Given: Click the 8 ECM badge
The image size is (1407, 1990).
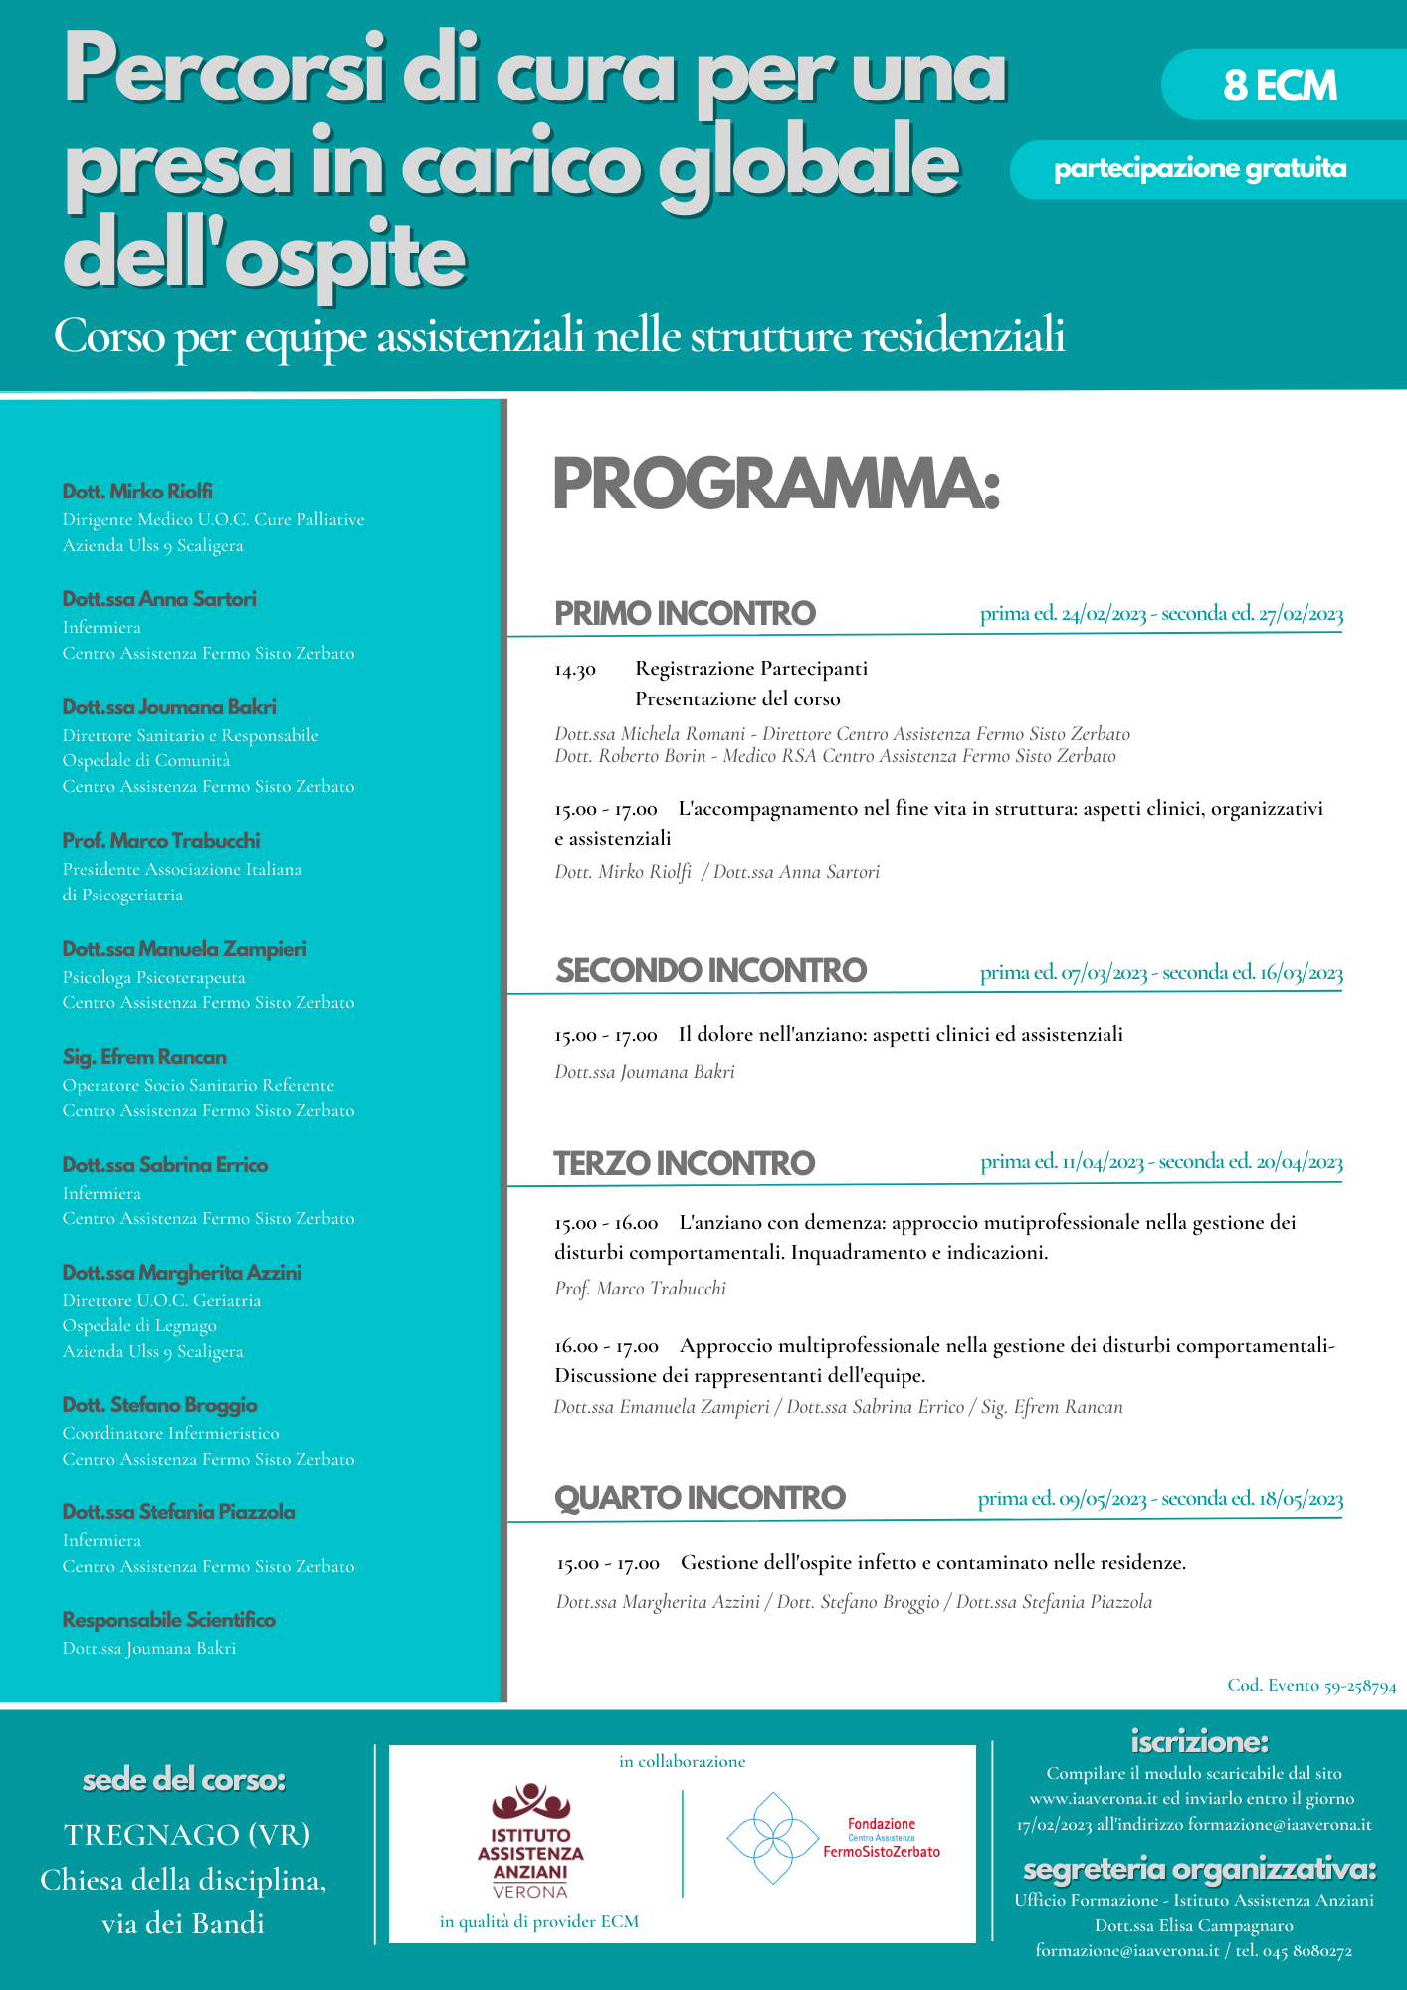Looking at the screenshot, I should point(1280,86).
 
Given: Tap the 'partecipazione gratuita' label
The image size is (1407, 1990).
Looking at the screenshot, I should point(1200,169).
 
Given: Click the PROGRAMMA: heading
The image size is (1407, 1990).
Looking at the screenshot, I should point(775,485).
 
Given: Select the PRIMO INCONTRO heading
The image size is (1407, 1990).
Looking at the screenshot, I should point(685,613).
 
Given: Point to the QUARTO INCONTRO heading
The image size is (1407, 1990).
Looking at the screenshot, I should point(700,1497).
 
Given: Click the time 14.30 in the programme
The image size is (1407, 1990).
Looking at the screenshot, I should point(575,670).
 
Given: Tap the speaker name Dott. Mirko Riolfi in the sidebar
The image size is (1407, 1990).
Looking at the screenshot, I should point(137,492).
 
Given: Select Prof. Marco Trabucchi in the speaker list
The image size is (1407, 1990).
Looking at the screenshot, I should point(161,841).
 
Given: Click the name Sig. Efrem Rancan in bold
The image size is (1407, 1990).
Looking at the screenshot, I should point(144,1057).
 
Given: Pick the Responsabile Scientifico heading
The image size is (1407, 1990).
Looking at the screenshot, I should point(169,1620).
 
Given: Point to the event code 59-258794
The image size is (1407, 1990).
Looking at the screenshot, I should point(1311,1686).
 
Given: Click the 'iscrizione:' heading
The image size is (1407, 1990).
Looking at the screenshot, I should point(1199,1742).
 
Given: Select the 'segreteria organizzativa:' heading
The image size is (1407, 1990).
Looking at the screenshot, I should point(1199,1869).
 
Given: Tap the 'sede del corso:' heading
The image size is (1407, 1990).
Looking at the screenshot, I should point(184,1780).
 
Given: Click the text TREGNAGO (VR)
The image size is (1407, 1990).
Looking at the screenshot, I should point(187,1834).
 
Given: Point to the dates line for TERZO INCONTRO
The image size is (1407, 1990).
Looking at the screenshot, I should point(1161,1162).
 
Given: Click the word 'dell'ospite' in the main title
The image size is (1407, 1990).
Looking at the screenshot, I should point(265,256).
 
